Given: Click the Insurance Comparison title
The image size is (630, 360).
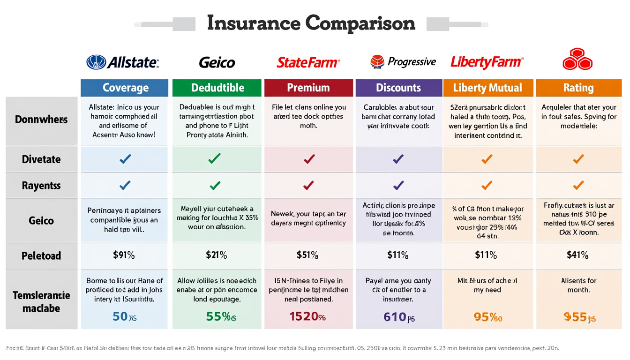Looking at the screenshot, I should coord(311,23).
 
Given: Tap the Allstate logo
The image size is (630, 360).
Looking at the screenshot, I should coord(123,62).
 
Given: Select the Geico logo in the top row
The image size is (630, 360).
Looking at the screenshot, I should coord(217,62).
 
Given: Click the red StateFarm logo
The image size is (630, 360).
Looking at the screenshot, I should coord(308,62).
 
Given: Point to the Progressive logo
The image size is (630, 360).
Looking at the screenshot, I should coord(403,62).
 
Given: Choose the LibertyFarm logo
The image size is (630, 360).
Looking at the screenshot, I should coord(487,62).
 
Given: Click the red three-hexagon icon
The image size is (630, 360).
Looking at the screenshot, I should coord(577,60).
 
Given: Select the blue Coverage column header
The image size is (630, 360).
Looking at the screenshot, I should coord(125,88).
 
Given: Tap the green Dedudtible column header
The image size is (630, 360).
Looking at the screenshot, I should coord(217,88).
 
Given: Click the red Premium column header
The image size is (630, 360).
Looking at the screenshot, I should coord(308,88).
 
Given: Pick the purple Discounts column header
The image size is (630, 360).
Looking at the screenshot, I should coord(398,88).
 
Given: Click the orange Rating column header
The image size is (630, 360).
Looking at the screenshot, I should coord(578,88).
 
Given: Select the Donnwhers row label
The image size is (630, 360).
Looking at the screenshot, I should coord(41,120).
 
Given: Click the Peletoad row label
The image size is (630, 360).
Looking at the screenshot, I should coord(41,256).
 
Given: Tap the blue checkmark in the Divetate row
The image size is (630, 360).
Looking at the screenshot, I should coord(125,159).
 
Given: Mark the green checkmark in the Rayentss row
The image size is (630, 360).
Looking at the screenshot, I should coord(215,186).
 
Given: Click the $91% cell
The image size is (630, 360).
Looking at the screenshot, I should coord(124,255).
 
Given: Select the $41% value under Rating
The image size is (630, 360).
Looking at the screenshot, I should coord(577,255).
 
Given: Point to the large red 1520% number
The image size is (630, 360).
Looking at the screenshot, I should coord(307,316).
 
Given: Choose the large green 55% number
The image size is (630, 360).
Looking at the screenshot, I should coord(221,316).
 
